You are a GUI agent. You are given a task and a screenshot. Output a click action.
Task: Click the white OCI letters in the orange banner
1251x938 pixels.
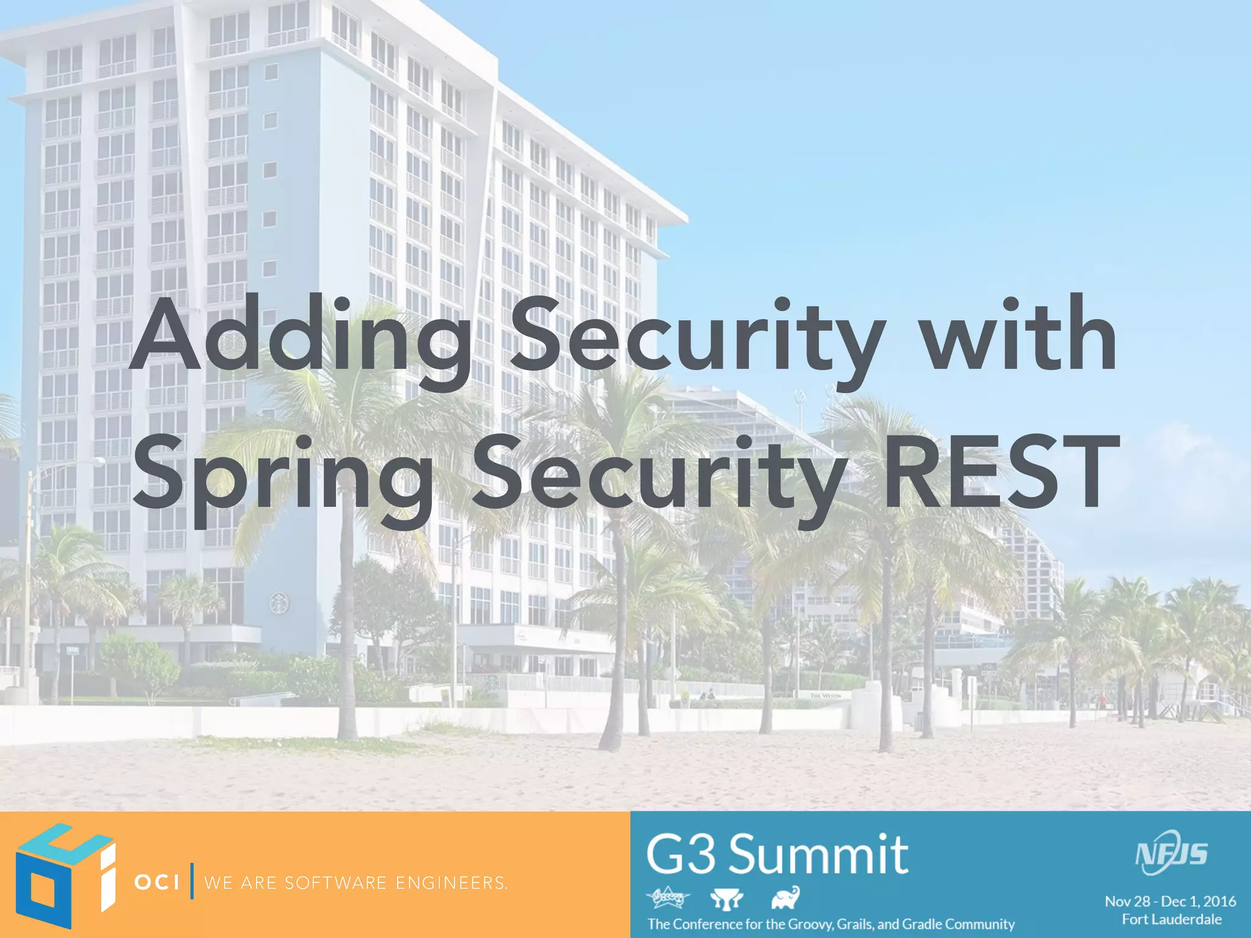(157, 882)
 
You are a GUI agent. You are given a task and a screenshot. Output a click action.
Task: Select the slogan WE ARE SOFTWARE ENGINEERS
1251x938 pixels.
(356, 883)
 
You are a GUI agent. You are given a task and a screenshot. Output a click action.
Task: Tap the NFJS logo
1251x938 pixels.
(1170, 853)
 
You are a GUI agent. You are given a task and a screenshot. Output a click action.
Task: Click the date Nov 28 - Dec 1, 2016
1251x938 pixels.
(1170, 901)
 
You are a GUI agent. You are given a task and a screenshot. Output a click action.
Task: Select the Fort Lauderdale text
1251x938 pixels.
(1172, 919)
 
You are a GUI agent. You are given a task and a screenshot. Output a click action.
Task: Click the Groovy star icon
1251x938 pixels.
(668, 898)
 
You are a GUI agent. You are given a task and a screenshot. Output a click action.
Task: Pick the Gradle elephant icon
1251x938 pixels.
(786, 898)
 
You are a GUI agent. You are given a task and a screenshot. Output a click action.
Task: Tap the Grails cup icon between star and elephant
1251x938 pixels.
(727, 898)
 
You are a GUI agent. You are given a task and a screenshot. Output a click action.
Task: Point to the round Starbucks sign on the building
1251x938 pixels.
(279, 604)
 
